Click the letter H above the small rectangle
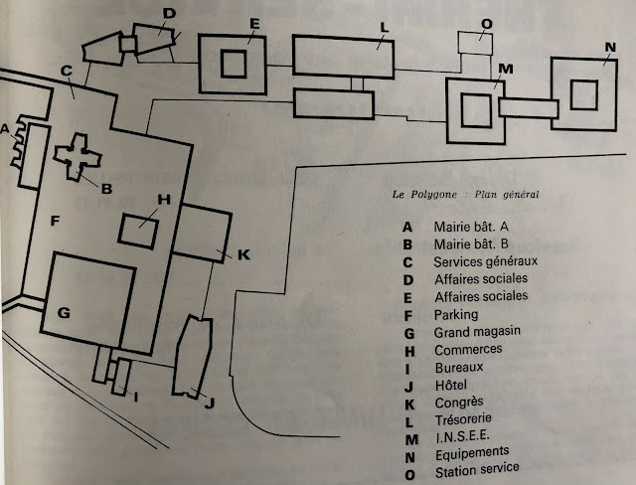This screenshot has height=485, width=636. (x=164, y=199)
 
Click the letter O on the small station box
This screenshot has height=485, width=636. (x=486, y=26)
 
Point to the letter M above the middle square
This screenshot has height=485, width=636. (x=505, y=69)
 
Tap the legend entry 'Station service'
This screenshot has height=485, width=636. (x=476, y=468)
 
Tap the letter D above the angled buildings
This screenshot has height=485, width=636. (x=168, y=13)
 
